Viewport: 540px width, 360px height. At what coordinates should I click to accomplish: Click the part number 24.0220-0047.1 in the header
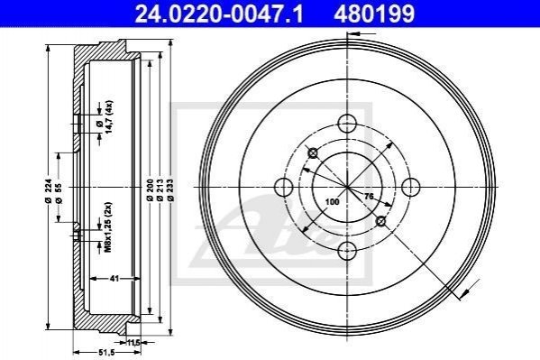[219, 14]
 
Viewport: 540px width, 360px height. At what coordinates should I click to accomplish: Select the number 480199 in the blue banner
[374, 14]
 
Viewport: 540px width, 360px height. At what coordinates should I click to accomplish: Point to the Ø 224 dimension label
[49, 190]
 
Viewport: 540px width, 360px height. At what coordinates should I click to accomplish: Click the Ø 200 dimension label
[150, 190]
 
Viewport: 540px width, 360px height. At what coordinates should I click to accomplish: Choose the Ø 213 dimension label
[160, 190]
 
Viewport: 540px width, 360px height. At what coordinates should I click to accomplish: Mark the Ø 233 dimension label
[170, 190]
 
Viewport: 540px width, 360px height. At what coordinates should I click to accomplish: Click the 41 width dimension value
[114, 278]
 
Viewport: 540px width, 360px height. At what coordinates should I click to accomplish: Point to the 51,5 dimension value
[106, 353]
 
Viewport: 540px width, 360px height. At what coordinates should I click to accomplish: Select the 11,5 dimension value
[133, 343]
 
